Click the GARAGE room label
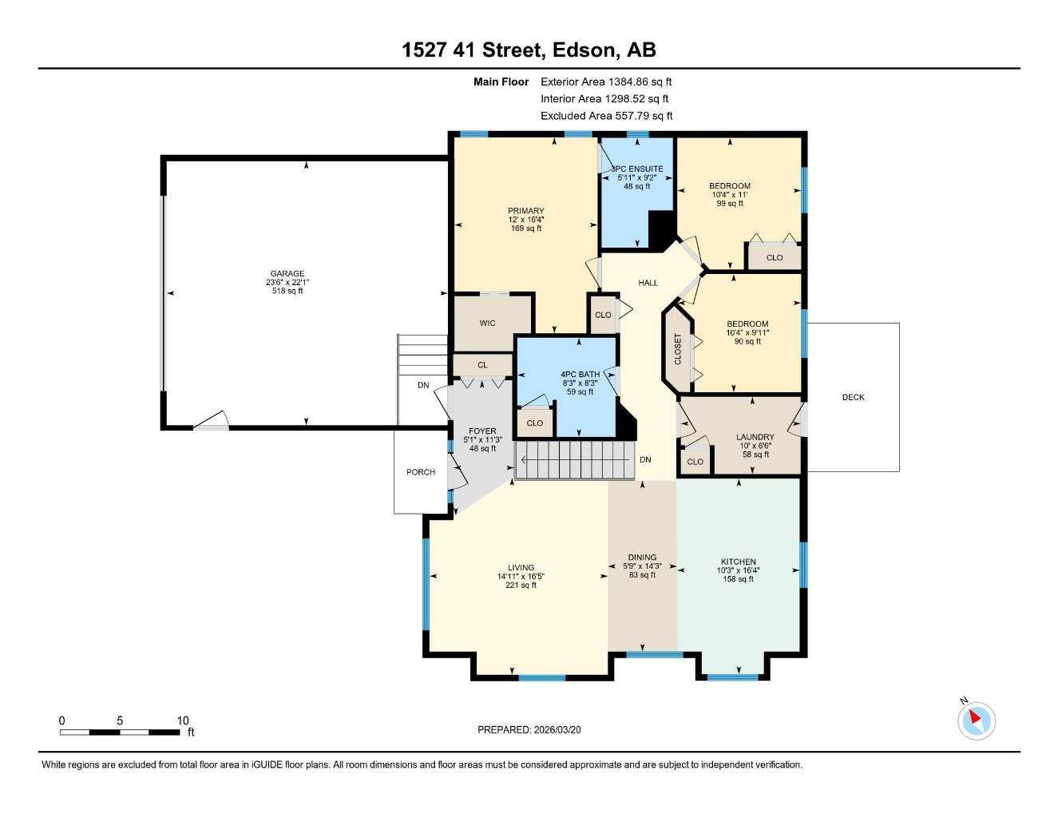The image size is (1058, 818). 287,273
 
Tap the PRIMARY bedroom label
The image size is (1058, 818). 525,211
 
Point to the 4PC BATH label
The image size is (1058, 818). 580,374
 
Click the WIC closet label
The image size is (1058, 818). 487,323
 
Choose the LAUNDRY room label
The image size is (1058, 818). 755,437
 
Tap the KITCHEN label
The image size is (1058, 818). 738,562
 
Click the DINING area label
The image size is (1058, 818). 642,557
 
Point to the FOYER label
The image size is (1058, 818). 482,431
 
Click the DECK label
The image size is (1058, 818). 853,397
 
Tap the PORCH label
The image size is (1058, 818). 421,472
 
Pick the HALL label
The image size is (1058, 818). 648,283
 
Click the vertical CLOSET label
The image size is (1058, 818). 679,349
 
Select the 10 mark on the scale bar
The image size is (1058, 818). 183,721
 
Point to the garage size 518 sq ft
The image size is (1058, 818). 287,292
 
